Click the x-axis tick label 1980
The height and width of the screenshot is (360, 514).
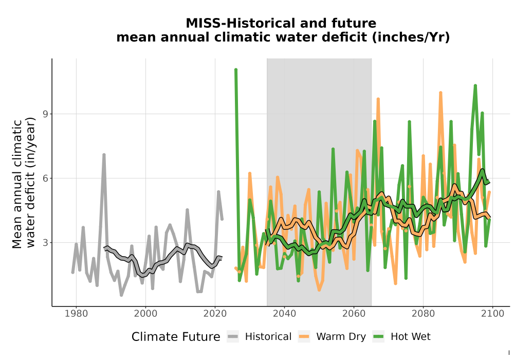point(76,314)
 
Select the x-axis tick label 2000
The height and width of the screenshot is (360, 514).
point(145,314)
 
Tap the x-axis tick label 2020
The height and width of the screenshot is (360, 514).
point(215,314)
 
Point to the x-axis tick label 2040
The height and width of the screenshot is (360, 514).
point(284,314)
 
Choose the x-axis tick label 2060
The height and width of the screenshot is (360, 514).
point(354,314)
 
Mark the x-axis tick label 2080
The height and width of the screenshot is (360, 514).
point(423,314)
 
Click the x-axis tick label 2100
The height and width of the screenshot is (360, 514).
point(492,314)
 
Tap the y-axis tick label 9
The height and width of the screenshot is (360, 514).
point(45,114)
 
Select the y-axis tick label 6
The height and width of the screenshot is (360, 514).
point(45,178)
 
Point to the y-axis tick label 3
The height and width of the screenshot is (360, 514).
point(45,243)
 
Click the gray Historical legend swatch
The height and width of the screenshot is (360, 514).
point(233,336)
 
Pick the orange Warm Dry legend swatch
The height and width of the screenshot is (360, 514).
point(304,336)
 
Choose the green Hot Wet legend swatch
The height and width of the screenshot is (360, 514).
point(378,336)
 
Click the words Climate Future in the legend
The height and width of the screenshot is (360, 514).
point(176,337)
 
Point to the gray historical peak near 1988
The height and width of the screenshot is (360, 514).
point(104,154)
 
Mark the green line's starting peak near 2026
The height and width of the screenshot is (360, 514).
point(236,69)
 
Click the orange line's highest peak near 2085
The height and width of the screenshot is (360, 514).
point(440,93)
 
